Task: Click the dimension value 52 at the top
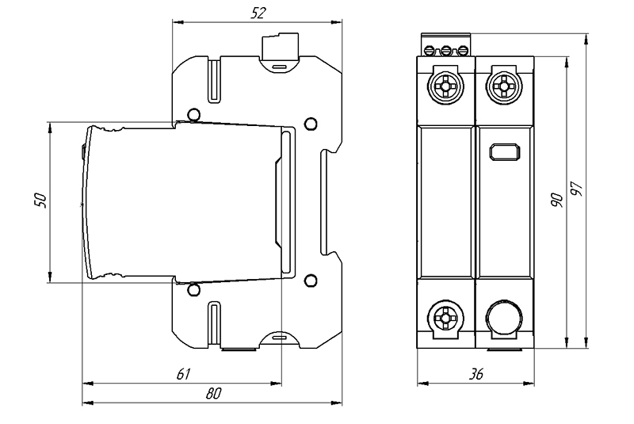tap(258, 13)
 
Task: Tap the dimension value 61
tap(182, 372)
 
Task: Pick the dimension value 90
tap(557, 200)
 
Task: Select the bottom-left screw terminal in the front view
tap(445, 319)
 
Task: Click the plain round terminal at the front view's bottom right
tap(502, 319)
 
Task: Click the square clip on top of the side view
tap(278, 47)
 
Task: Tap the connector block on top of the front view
tap(445, 45)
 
